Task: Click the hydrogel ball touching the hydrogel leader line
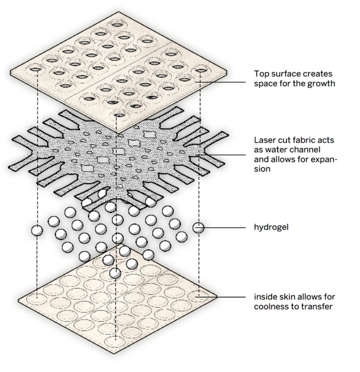(x=198, y=227)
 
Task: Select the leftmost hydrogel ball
(x=36, y=230)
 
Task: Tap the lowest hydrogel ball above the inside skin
(x=115, y=273)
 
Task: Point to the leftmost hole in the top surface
(x=36, y=68)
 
